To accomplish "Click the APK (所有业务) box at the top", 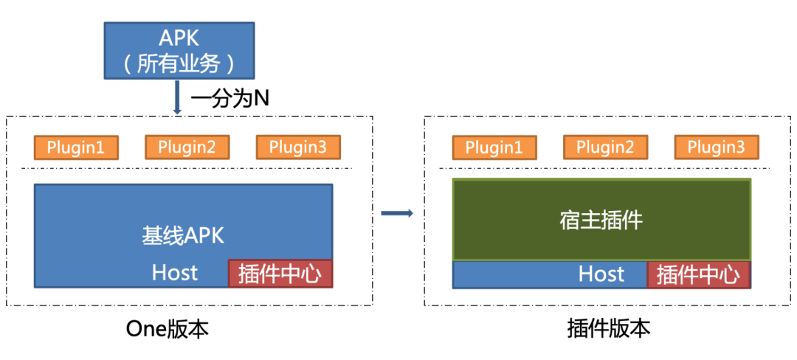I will click(x=179, y=50).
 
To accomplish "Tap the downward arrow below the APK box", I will click(x=177, y=97).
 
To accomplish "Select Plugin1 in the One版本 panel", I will click(x=76, y=147).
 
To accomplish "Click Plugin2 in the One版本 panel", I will click(x=187, y=147).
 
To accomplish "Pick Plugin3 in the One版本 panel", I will click(x=298, y=147).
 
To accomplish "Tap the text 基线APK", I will click(x=183, y=235).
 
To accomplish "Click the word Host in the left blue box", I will click(x=175, y=272).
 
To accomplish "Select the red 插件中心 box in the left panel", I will click(x=280, y=274).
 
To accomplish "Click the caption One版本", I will click(x=168, y=328).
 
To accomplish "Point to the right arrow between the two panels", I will click(x=396, y=214).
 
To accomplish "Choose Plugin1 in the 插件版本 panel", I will click(x=494, y=147).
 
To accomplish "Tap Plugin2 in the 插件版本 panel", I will click(x=605, y=147).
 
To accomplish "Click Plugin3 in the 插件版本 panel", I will click(x=717, y=147).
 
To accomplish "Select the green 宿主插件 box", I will click(x=601, y=219).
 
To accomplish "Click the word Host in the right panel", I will click(x=601, y=274).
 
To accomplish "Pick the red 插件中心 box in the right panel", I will click(x=698, y=275).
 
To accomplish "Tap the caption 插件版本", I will click(x=610, y=328).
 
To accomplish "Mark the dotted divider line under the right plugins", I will click(x=605, y=168).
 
